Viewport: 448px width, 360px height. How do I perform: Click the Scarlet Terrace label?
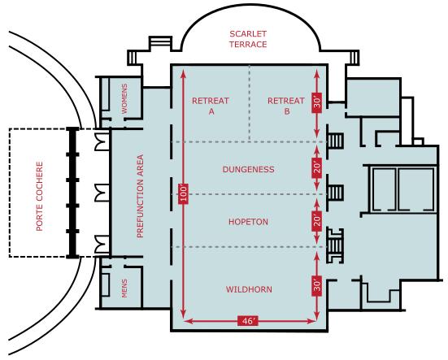248,39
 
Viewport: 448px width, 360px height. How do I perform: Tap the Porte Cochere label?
40,196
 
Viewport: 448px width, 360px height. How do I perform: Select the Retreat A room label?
211,106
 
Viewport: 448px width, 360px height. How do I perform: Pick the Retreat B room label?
286,106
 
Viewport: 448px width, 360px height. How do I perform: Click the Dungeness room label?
248,170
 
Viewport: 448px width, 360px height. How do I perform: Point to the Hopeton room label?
248,222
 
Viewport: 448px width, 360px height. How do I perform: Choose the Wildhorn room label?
249,289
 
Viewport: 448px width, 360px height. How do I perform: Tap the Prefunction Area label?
141,196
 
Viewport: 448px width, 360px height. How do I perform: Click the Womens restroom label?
124,98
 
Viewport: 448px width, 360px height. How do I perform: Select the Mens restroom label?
124,288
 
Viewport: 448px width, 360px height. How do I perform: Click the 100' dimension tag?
184,193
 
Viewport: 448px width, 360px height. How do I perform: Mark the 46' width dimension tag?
248,321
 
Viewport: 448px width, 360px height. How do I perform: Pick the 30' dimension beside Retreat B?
317,102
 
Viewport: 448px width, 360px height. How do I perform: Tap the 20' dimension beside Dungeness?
317,167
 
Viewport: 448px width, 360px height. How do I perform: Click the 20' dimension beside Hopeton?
317,221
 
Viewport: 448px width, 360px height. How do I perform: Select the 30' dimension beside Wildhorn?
317,285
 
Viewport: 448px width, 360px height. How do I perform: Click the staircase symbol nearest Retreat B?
335,141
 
